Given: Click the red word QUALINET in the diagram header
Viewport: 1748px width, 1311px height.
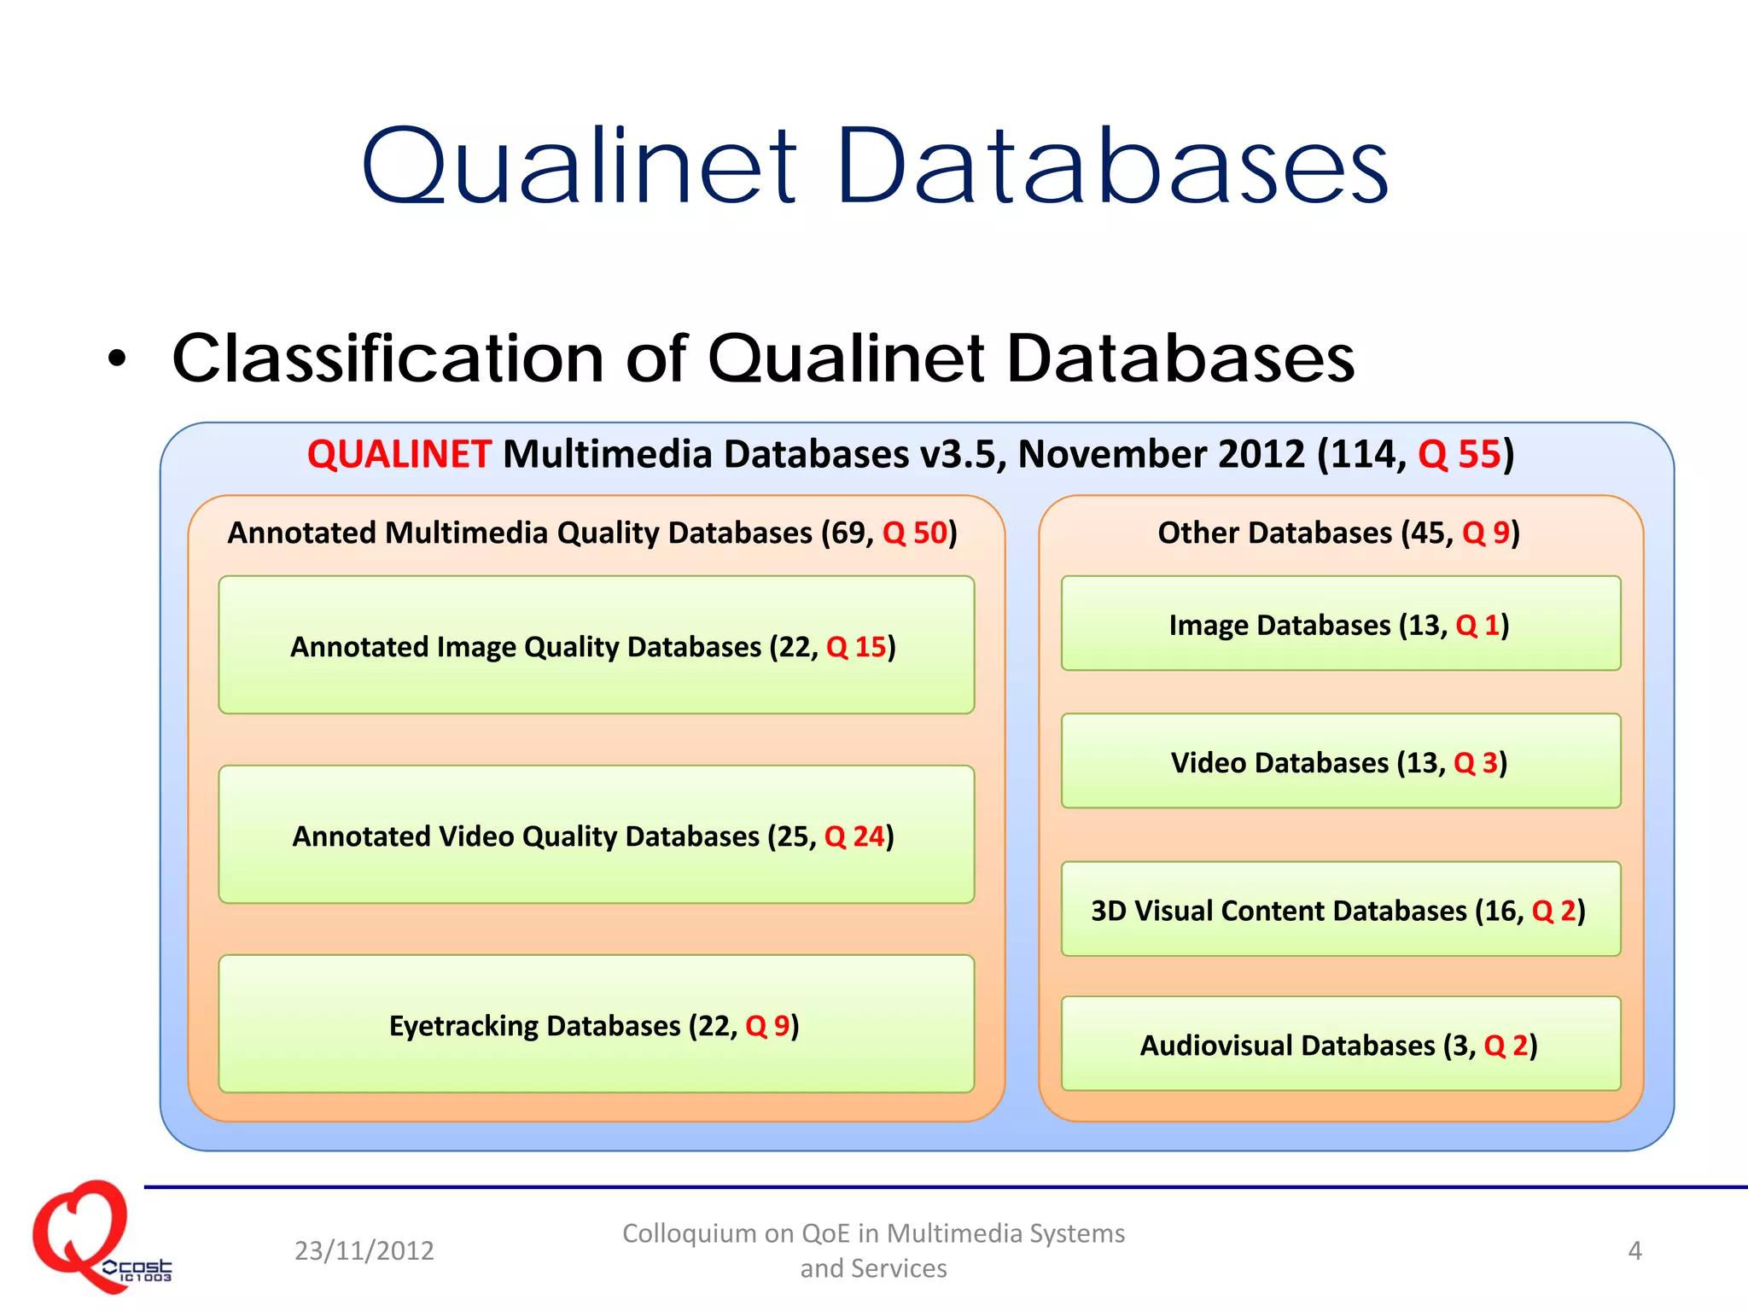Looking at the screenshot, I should pyautogui.click(x=399, y=454).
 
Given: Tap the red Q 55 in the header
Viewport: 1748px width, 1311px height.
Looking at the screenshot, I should pyautogui.click(x=1459, y=454).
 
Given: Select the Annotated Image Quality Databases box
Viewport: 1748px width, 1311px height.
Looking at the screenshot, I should pyautogui.click(x=596, y=645).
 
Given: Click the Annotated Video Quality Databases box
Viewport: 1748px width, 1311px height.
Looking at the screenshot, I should pyautogui.click(x=596, y=835).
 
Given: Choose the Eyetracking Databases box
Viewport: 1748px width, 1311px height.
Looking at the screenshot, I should pyautogui.click(x=596, y=1024).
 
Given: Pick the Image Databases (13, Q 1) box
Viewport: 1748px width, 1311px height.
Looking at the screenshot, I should pyautogui.click(x=1340, y=624).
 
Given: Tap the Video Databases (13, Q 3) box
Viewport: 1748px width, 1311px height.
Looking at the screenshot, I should pyautogui.click(x=1340, y=761).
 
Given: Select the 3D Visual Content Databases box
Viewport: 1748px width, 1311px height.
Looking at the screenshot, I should pyautogui.click(x=1340, y=910).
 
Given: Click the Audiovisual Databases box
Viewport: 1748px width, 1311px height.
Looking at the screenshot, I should pyautogui.click(x=1340, y=1044).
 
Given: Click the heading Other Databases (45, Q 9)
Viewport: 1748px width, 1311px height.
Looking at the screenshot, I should pyautogui.click(x=1338, y=533).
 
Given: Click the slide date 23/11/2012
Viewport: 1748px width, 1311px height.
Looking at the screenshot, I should pyautogui.click(x=364, y=1250).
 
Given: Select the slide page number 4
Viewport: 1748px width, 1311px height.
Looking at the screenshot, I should pyautogui.click(x=1634, y=1250).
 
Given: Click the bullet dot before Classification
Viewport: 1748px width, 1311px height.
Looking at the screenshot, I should pyautogui.click(x=117, y=359).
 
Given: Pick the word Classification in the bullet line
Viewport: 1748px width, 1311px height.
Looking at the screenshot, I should pyautogui.click(x=387, y=358).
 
